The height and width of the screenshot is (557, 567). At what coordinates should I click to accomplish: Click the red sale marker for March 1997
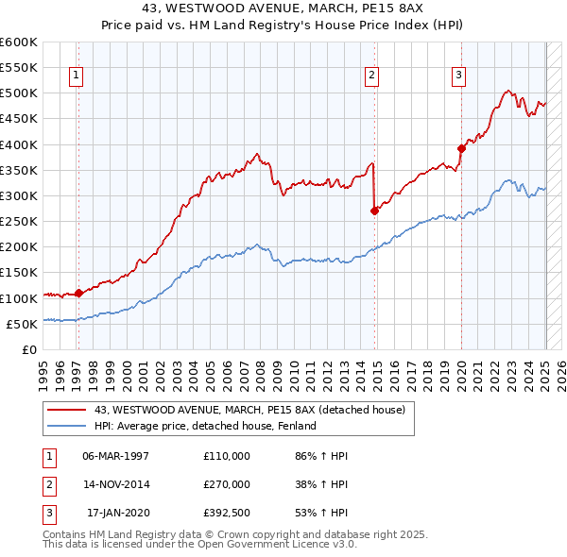[79, 293]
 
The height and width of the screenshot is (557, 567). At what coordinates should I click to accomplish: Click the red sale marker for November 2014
[375, 211]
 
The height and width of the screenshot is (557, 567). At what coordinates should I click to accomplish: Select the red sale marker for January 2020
[462, 148]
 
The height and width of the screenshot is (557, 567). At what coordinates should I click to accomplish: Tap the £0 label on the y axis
[28, 349]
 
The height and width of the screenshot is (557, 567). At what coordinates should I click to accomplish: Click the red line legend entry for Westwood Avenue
[249, 410]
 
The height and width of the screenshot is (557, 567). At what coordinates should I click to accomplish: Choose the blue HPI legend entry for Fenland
[204, 426]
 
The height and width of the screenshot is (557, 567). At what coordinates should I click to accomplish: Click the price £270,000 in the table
[227, 484]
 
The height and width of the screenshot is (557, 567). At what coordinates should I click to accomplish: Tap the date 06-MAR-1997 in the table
[115, 456]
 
